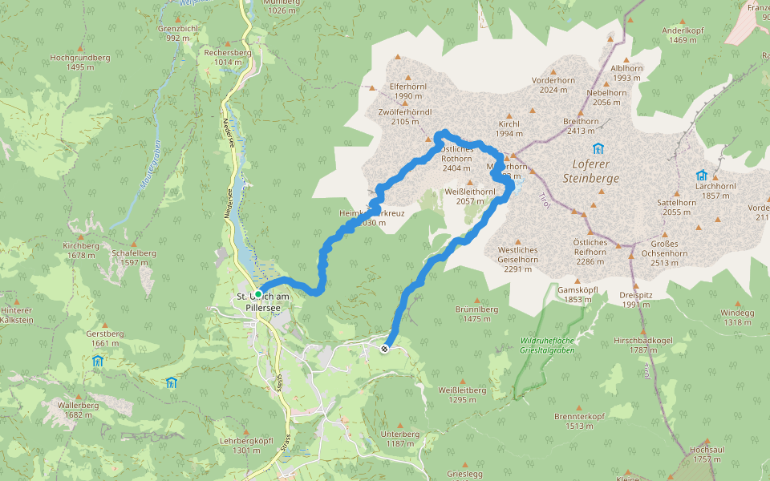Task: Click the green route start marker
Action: point(258,293)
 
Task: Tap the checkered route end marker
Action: point(386,348)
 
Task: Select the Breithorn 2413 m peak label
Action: point(582,126)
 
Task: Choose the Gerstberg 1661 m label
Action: point(104,338)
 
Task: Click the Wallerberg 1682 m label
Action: point(78,410)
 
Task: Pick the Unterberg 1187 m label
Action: point(400,439)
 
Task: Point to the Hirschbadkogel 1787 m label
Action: point(642,344)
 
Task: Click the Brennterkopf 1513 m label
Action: point(578,421)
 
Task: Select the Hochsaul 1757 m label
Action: point(707,455)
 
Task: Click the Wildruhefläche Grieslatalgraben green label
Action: point(548,345)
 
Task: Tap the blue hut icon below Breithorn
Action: point(597,148)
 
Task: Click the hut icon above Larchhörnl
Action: point(702,176)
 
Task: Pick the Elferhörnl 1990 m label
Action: point(407,91)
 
